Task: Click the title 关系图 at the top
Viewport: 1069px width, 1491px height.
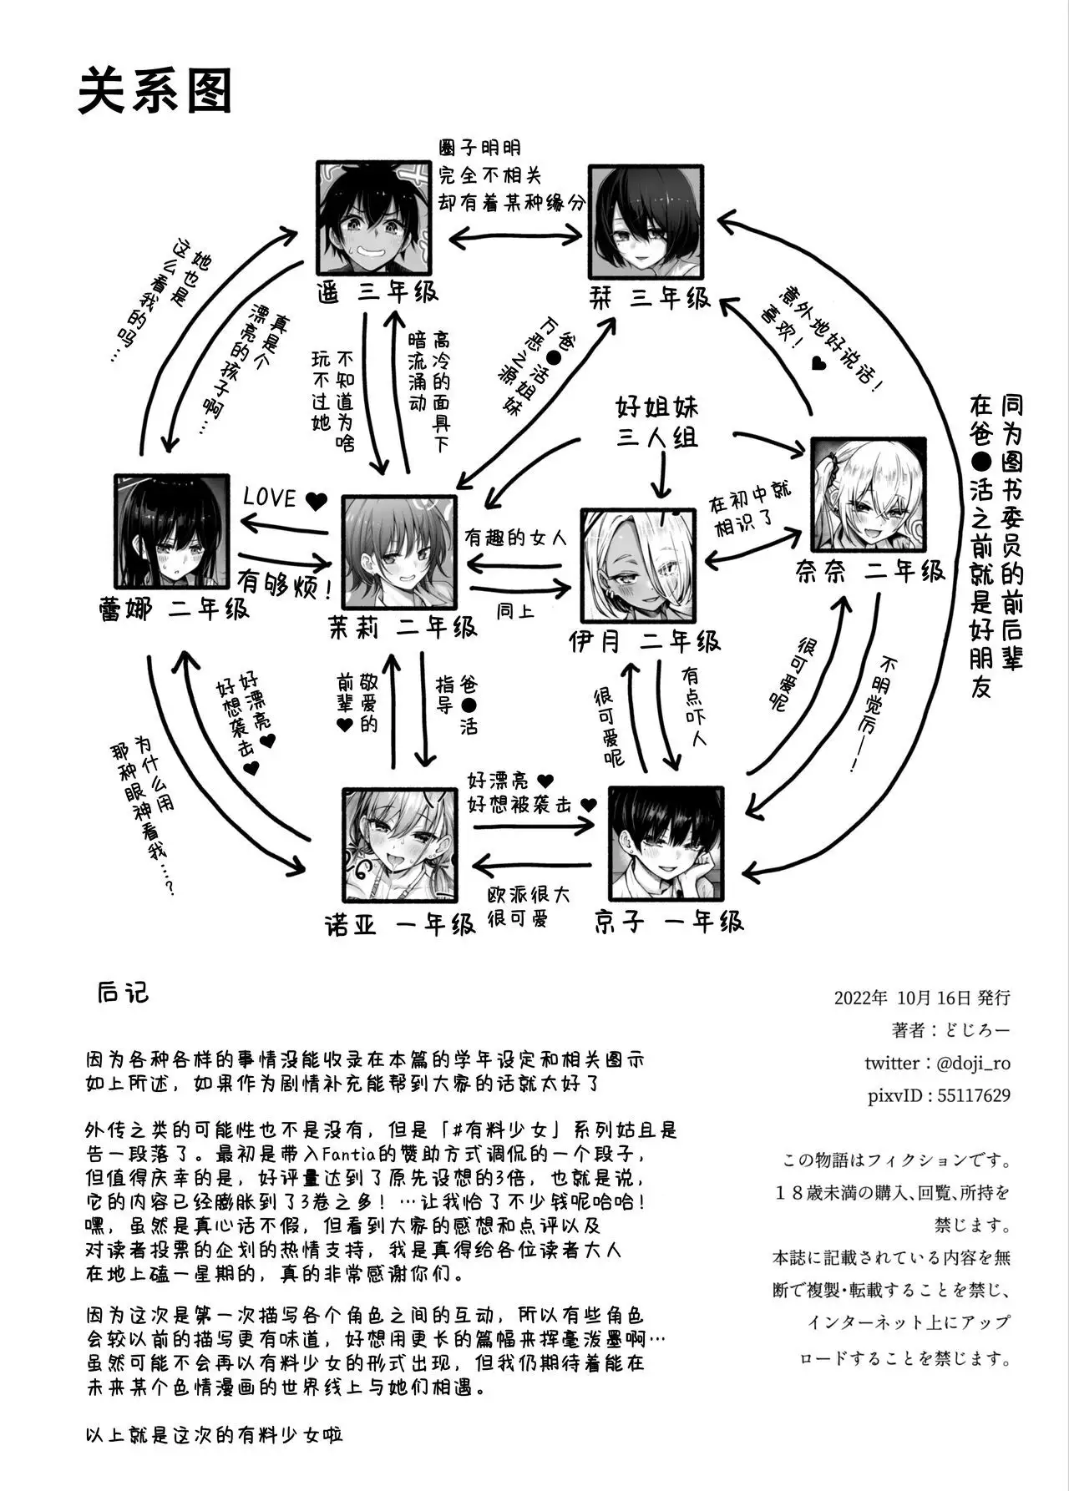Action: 155,91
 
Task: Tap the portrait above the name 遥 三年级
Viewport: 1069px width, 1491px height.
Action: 375,217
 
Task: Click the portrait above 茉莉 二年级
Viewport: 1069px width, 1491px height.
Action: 400,553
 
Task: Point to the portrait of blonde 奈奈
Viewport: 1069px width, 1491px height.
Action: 869,493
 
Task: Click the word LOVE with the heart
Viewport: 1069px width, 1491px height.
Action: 285,499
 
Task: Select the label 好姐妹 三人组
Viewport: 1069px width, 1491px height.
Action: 657,422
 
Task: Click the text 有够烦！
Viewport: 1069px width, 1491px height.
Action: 286,584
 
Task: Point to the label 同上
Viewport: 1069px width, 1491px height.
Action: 515,610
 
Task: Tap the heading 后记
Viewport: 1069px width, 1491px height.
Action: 123,992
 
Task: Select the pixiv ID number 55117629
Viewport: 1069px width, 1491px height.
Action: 973,1095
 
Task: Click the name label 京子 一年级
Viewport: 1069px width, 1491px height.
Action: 667,922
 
